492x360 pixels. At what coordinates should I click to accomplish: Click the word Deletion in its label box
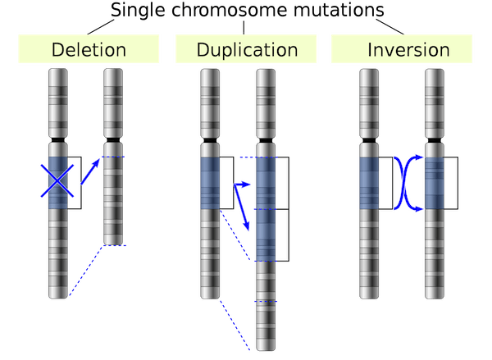[x=89, y=49]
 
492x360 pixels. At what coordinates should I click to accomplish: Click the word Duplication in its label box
[x=247, y=49]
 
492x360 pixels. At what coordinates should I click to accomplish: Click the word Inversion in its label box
[x=408, y=49]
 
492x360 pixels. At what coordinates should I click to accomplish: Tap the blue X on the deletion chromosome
[x=57, y=180]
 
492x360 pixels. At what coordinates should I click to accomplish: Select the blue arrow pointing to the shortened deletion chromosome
[x=93, y=173]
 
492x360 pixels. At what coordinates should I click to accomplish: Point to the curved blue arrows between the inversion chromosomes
[x=404, y=184]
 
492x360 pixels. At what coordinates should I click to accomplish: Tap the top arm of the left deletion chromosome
[x=57, y=102]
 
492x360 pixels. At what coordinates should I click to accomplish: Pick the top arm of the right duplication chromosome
[x=266, y=102]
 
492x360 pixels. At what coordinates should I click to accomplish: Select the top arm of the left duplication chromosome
[x=212, y=102]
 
